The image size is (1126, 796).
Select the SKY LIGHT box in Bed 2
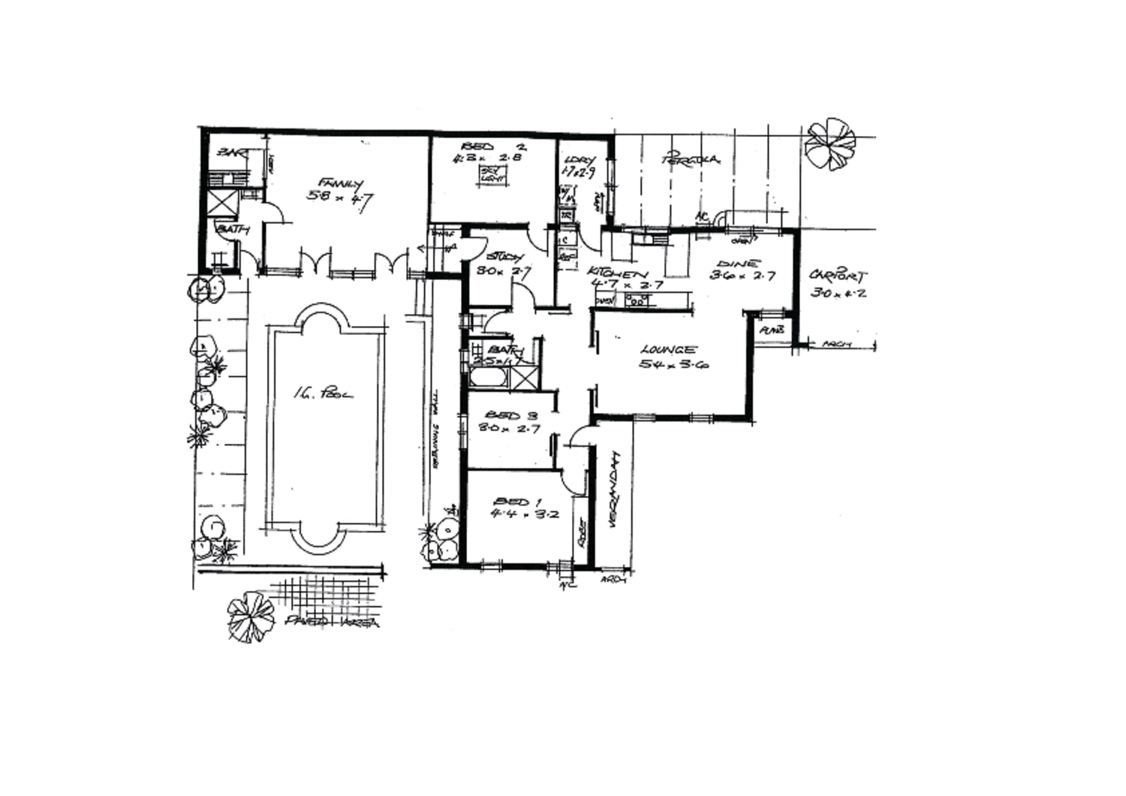[492, 175]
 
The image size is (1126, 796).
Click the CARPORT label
[838, 276]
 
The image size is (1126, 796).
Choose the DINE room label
[739, 264]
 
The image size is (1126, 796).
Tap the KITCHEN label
[617, 272]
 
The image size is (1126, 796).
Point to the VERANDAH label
[613, 490]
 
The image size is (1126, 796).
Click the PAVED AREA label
[333, 623]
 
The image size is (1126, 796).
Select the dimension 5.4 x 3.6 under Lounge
[674, 365]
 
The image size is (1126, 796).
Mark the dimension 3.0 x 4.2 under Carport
[838, 293]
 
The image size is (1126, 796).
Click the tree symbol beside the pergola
[829, 144]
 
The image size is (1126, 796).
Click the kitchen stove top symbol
[636, 301]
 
